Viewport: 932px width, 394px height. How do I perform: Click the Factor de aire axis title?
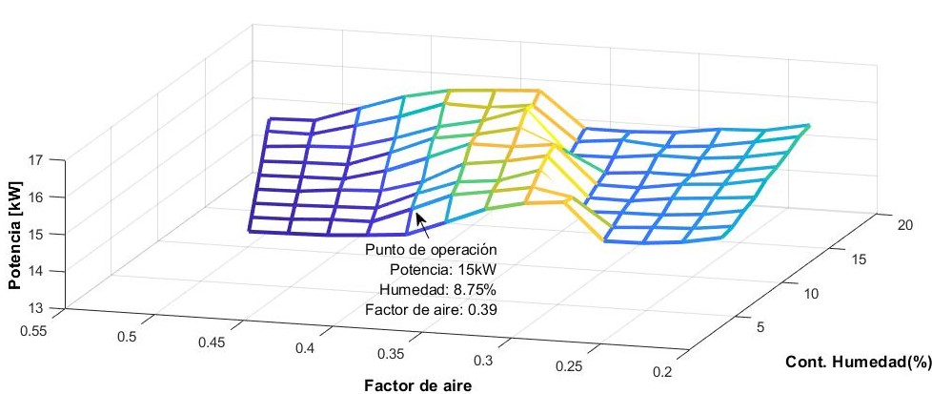coord(417,384)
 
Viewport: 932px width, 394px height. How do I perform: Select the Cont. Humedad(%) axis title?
coord(857,363)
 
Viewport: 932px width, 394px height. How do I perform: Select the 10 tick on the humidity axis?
coord(811,295)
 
